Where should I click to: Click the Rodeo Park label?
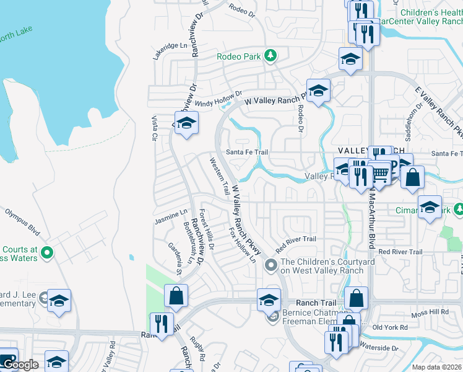point(238,56)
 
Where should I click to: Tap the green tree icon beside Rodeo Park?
point(270,56)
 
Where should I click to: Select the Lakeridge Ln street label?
point(170,46)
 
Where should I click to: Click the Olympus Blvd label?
point(22,222)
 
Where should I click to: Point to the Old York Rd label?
point(390,327)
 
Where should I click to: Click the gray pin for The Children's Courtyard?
point(270,265)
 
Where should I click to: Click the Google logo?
point(20,365)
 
